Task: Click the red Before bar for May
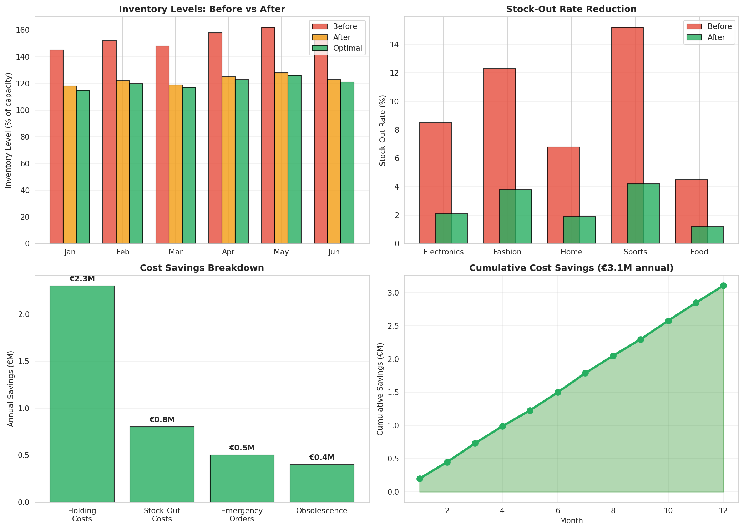click(268, 136)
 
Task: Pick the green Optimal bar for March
click(189, 166)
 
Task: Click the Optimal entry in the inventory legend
click(347, 48)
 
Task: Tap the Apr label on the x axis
click(228, 252)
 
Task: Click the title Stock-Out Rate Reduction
click(571, 9)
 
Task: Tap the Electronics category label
click(443, 252)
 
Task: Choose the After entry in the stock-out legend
click(716, 37)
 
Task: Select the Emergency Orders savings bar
click(242, 478)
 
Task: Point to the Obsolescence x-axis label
click(322, 511)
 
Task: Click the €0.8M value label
click(162, 420)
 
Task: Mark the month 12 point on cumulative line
click(723, 286)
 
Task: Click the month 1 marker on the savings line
click(420, 479)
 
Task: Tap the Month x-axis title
click(571, 521)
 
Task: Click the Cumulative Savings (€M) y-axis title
click(380, 389)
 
